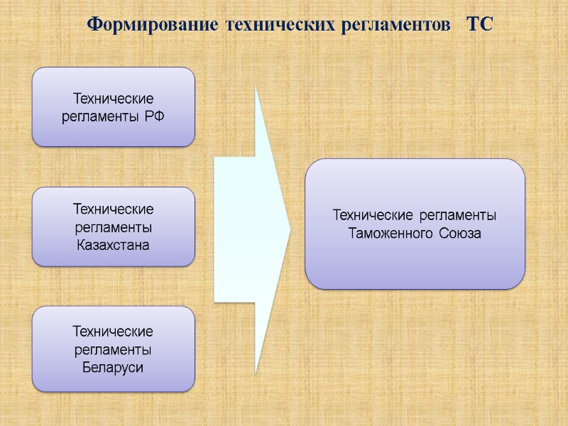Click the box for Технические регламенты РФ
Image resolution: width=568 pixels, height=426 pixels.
pyautogui.click(x=114, y=107)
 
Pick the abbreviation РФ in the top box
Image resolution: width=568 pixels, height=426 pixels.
pyautogui.click(x=153, y=115)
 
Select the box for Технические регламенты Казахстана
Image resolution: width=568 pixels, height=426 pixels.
pyautogui.click(x=114, y=226)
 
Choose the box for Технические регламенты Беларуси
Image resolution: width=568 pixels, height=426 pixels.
pyautogui.click(x=114, y=349)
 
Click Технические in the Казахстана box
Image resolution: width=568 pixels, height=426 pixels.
pyautogui.click(x=114, y=209)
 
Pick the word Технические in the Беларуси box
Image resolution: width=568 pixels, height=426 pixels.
pyautogui.click(x=114, y=332)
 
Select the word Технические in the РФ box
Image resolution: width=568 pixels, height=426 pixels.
pyautogui.click(x=114, y=99)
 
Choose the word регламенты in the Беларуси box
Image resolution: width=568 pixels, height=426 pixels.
pyautogui.click(x=114, y=349)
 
